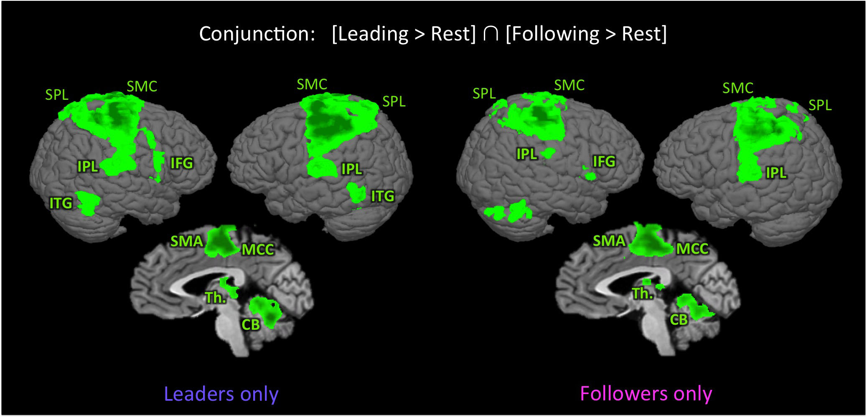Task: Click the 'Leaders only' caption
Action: click(221, 394)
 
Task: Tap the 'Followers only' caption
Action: click(646, 394)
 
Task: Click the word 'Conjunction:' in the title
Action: click(257, 34)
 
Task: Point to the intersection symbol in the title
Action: click(491, 34)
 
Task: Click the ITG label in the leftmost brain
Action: click(61, 203)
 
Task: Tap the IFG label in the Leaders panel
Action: click(182, 163)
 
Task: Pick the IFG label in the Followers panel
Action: click(604, 161)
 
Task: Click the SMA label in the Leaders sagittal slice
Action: click(187, 241)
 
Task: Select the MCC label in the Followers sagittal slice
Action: click(692, 249)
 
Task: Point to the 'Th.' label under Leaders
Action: click(215, 298)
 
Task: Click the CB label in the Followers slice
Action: click(679, 320)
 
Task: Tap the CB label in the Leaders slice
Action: click(251, 324)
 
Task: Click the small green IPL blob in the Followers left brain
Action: click(548, 153)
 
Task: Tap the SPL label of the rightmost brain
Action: click(820, 105)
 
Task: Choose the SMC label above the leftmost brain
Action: click(142, 86)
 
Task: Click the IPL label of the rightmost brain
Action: click(776, 172)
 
